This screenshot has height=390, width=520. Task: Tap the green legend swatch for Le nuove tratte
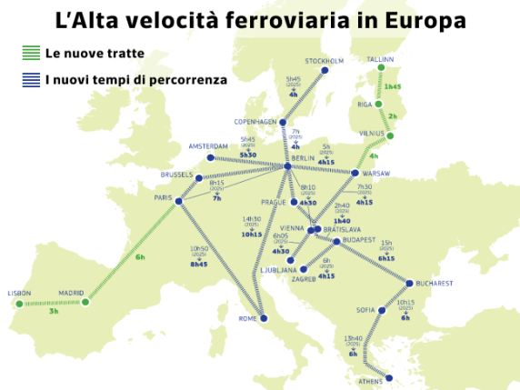point(30,55)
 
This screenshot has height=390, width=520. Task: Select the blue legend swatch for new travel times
point(30,80)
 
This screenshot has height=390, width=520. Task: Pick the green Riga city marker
point(379,104)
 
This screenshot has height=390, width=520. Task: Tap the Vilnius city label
point(372,132)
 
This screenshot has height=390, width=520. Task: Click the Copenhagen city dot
point(283,122)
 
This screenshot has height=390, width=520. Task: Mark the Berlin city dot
point(287,165)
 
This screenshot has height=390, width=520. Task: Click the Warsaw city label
point(375,173)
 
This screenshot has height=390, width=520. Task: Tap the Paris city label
point(164,197)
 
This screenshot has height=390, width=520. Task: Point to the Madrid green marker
point(85,302)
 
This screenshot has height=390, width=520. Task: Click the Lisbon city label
point(19,293)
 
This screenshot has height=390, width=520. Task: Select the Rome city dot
point(265,317)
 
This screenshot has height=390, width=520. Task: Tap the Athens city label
point(371,381)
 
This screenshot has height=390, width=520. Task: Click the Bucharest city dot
point(410,283)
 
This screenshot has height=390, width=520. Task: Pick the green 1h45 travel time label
point(393,86)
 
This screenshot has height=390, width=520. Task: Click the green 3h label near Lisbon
point(54,312)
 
